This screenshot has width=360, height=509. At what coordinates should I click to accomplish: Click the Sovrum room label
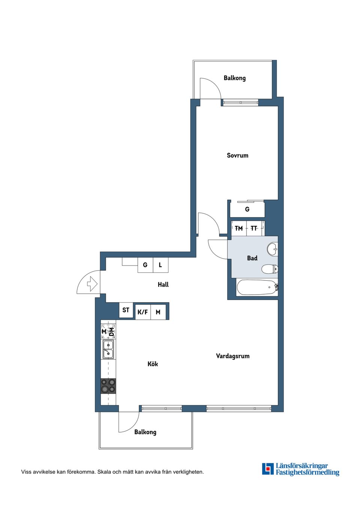(237, 156)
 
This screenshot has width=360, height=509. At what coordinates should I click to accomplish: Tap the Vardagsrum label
(232, 356)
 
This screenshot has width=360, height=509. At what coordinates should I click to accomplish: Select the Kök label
(153, 364)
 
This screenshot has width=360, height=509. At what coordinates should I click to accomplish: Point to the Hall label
(163, 284)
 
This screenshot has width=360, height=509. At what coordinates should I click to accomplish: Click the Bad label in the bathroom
(252, 258)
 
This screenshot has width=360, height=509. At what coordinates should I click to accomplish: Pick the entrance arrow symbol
(93, 284)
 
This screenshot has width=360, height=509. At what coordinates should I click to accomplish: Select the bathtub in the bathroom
(257, 287)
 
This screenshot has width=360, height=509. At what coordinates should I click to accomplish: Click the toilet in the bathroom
(270, 269)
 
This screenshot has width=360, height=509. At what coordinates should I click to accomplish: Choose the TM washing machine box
(238, 228)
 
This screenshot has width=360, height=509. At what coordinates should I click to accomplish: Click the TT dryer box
(255, 228)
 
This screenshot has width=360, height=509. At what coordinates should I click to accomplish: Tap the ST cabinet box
(126, 310)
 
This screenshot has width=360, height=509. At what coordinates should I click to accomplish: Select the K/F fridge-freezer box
(143, 312)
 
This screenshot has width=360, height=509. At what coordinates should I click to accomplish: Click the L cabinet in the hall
(160, 265)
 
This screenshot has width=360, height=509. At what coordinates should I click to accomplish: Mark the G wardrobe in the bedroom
(247, 209)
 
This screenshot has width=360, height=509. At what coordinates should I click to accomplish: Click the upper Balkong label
(234, 78)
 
